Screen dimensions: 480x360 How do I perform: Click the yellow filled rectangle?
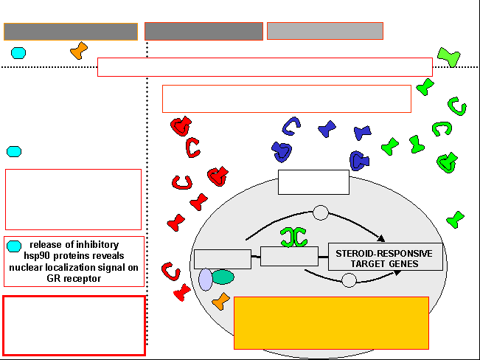[x=331, y=323]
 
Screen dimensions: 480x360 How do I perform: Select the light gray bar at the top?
[x=325, y=31]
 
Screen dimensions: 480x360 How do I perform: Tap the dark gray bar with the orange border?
[x=71, y=32]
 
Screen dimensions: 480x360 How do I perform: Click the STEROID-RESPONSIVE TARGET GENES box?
[x=386, y=257]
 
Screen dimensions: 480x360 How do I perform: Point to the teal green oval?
[x=223, y=277]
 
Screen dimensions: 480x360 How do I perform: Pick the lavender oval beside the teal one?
[x=206, y=280]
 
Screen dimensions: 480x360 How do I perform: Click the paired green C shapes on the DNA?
[x=293, y=237]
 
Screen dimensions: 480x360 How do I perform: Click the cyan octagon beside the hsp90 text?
[x=14, y=246]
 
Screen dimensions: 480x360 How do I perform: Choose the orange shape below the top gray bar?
[x=79, y=51]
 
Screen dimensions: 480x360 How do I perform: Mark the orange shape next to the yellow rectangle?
[x=221, y=302]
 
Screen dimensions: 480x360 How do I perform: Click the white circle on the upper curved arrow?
[x=321, y=212]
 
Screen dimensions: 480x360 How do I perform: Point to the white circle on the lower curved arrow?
[x=349, y=280]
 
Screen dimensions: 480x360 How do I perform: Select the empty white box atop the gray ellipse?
[x=314, y=182]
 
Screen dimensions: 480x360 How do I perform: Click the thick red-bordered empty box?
[x=74, y=325]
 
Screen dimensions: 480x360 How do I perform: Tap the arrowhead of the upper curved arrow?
[x=381, y=238]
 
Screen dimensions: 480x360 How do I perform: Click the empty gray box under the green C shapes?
[x=289, y=256]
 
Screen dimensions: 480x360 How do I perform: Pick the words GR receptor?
[x=74, y=279]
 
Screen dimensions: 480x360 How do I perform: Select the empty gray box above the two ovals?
[x=223, y=259]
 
